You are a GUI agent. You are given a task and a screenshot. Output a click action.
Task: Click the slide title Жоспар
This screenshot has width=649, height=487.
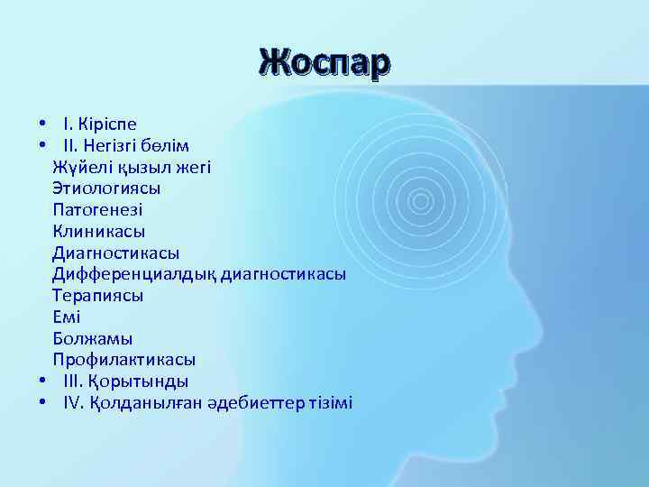324,63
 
